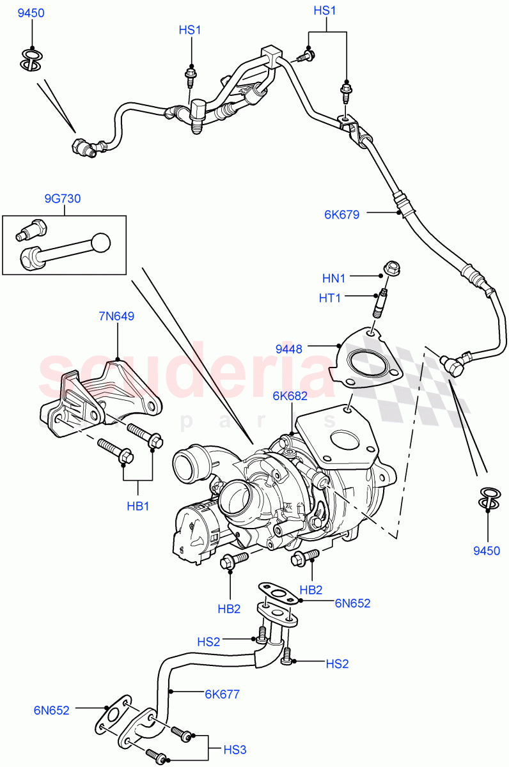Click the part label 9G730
(x=62, y=199)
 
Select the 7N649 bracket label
(x=116, y=316)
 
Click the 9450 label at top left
(x=31, y=13)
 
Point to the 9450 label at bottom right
(x=487, y=550)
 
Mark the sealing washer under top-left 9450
(x=30, y=59)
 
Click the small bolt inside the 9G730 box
(x=33, y=227)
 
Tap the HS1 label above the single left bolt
(x=190, y=30)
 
